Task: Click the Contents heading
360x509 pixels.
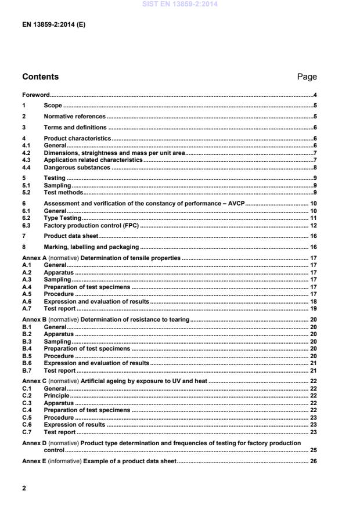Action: point(40,77)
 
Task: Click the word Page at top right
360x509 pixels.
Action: point(307,77)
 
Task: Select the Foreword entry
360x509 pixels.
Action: point(35,95)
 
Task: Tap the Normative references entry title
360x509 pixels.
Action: point(75,116)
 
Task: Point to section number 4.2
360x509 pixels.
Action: point(26,152)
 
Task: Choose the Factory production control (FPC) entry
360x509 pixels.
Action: point(92,225)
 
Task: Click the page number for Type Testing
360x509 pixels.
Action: point(313,218)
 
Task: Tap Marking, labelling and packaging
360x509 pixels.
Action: point(91,247)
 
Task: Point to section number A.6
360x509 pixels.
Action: point(26,302)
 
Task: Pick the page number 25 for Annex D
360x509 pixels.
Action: point(313,450)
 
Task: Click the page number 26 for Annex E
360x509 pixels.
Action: point(313,461)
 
